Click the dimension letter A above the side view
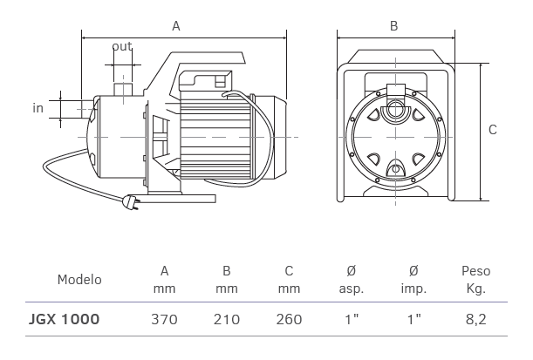pos(175,26)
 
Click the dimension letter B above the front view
pos(393,26)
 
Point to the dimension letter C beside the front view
pos(493,130)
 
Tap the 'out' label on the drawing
pos(121,47)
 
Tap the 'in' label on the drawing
pos(38,108)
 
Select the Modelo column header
pos(79,280)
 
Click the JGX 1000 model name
pos(65,320)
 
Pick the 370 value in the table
pos(164,320)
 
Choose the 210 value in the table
pos(227,320)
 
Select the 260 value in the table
pos(289,320)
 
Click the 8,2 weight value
pos(475,320)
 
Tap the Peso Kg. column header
pos(475,280)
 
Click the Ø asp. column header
pos(351,280)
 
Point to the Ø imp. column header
pos(413,280)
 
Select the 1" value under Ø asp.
pos(352,320)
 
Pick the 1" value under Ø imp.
pos(413,320)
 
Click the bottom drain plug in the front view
pos(395,168)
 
